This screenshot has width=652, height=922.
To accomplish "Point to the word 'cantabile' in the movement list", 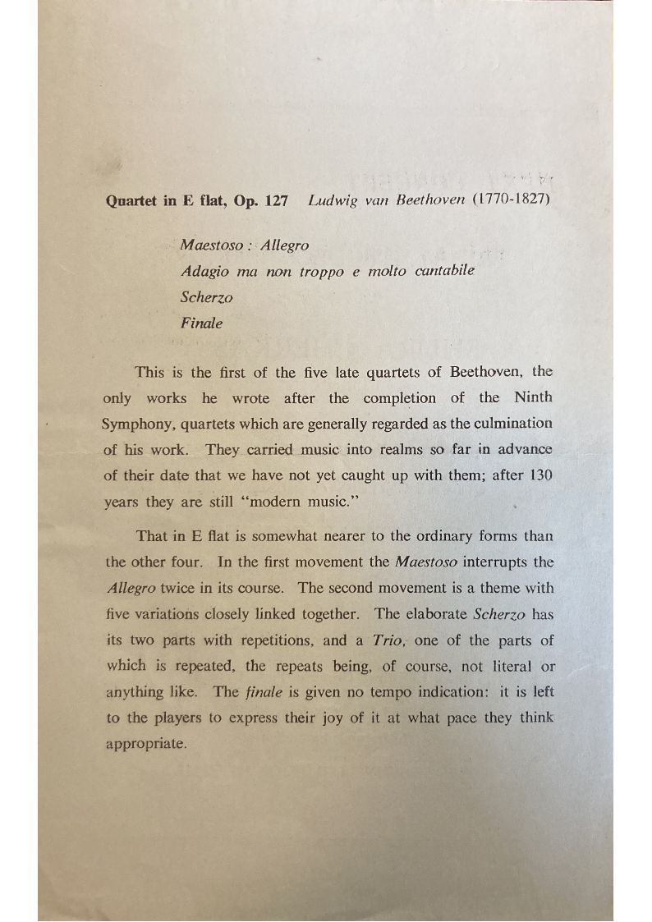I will (444, 270).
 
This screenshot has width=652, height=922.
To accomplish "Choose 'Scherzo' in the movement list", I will (207, 296).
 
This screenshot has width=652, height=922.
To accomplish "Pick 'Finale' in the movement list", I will (201, 323).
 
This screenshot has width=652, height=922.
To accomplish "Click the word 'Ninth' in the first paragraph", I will (533, 397).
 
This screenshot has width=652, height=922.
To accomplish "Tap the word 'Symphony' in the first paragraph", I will (136, 424).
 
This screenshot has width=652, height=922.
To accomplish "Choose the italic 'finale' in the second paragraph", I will (264, 691).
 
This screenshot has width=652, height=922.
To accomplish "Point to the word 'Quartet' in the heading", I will (134, 201).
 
